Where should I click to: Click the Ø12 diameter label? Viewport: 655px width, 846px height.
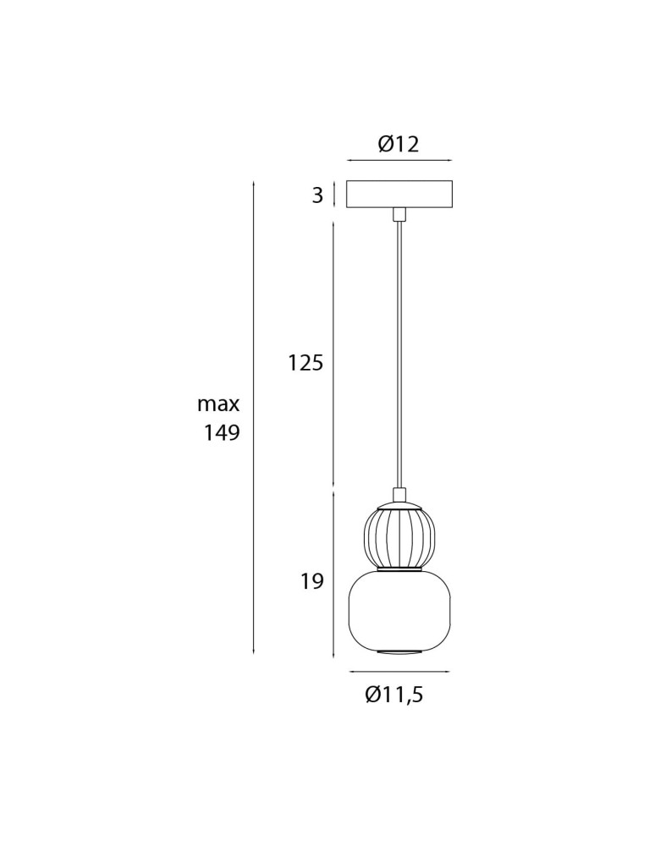pyautogui.click(x=399, y=144)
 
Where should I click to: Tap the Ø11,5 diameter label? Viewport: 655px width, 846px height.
pyautogui.click(x=394, y=695)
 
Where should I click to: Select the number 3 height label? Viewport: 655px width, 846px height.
pyautogui.click(x=317, y=195)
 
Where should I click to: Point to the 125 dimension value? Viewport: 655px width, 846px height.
pyautogui.click(x=305, y=363)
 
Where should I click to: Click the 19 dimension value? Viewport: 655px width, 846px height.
pyautogui.click(x=312, y=581)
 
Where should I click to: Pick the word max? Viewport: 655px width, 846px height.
pyautogui.click(x=218, y=404)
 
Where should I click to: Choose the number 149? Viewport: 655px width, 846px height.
pyautogui.click(x=222, y=433)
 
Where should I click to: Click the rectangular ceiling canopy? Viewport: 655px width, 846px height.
pyautogui.click(x=399, y=194)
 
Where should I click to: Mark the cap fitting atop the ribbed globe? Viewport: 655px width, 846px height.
pyautogui.click(x=399, y=496)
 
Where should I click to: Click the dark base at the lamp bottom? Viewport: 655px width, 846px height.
pyautogui.click(x=399, y=651)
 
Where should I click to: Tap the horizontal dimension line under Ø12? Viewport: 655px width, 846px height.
pyautogui.click(x=399, y=160)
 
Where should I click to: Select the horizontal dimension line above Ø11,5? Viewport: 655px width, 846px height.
pyautogui.click(x=399, y=672)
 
